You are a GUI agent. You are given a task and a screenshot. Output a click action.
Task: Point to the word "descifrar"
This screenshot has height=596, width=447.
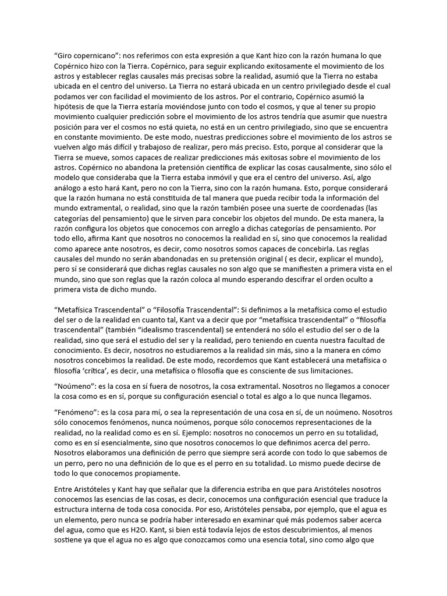tap(304, 280)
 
